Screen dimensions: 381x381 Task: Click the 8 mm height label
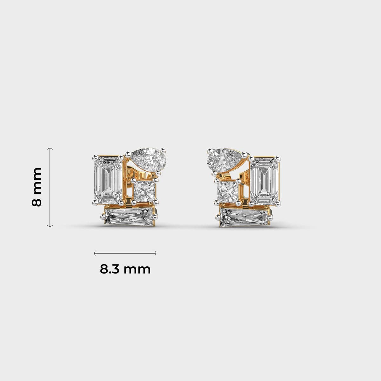[x=37, y=187]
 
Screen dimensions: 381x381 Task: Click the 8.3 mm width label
[x=125, y=269]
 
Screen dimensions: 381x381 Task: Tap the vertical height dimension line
[x=50, y=187]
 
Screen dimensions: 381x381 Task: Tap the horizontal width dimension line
[x=125, y=253]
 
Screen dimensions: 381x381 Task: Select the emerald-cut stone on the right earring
[x=264, y=181]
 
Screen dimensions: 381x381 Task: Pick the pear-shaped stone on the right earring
[x=224, y=161]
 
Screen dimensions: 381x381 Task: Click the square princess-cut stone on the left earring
[x=144, y=191]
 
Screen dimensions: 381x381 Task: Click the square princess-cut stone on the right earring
[x=228, y=191]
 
